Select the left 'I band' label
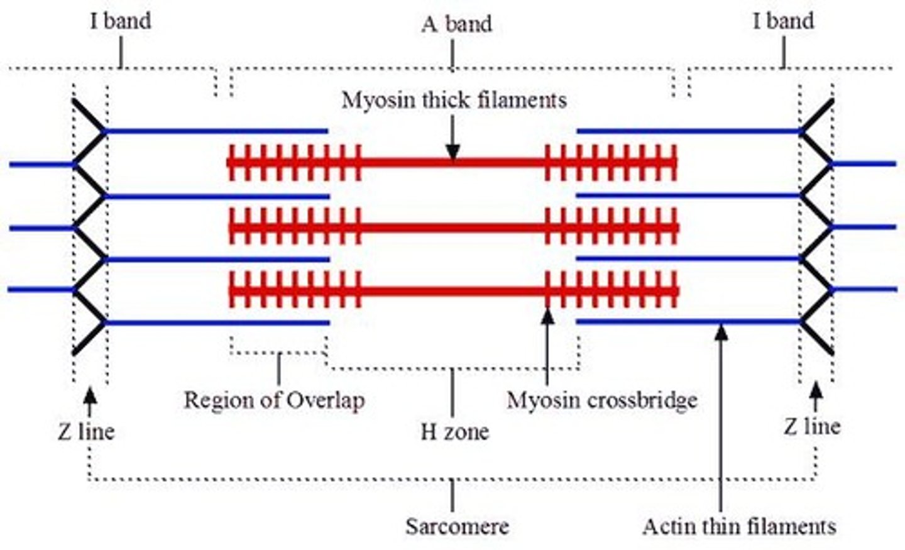[121, 21]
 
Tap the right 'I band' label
[783, 21]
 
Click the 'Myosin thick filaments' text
[454, 100]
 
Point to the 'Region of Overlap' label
[274, 400]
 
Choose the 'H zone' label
[454, 432]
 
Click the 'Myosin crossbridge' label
[602, 400]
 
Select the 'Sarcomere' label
[457, 525]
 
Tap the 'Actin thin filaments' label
[739, 526]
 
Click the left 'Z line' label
[87, 432]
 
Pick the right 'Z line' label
[812, 427]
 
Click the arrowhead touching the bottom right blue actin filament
[721, 331]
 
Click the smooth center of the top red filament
[452, 163]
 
